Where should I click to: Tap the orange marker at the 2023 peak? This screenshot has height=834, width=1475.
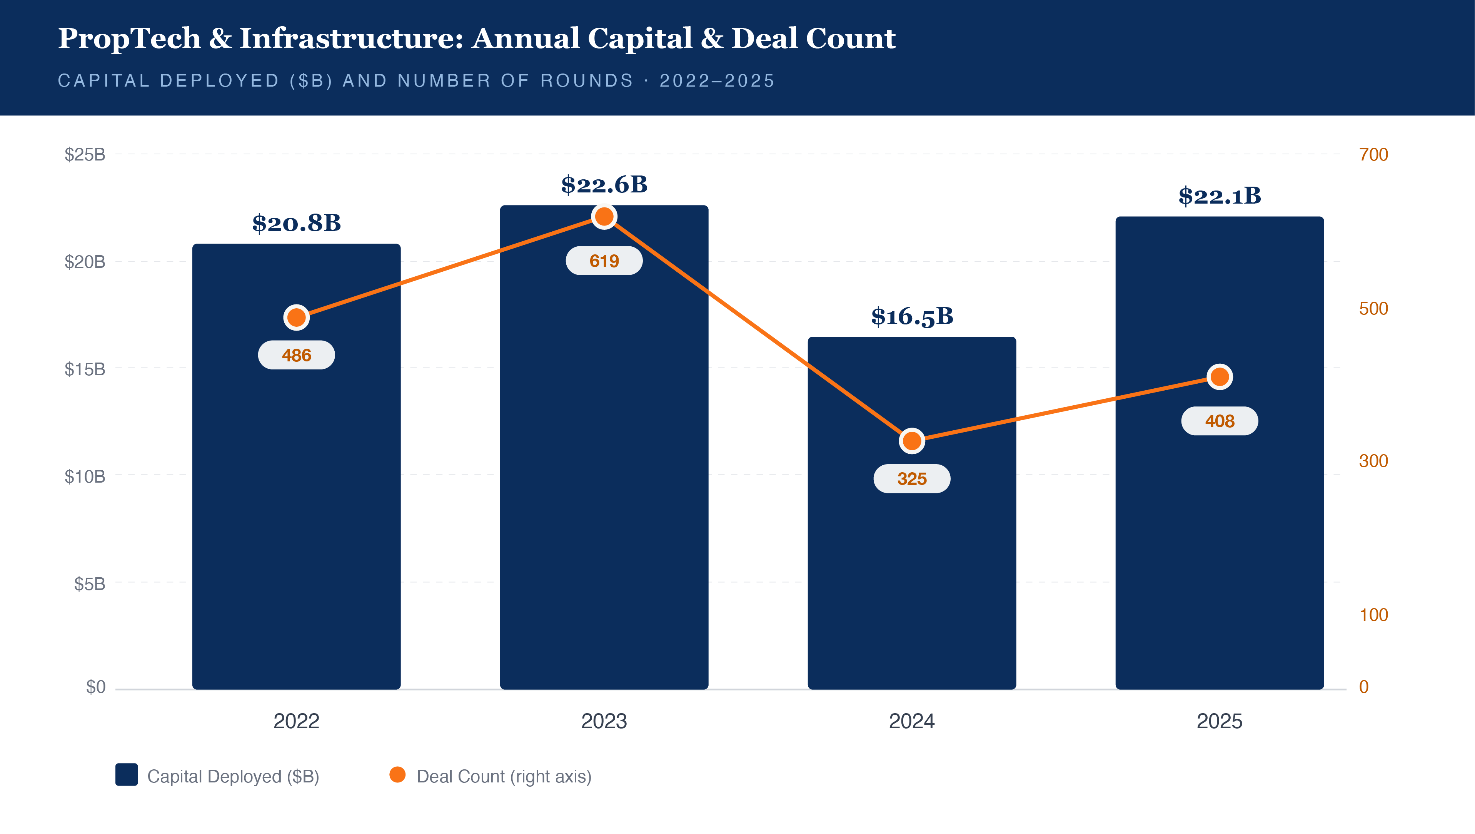coord(604,217)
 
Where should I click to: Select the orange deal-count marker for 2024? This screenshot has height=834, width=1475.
coord(911,441)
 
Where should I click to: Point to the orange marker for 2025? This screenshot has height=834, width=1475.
coord(1220,377)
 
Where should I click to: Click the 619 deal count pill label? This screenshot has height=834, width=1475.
coord(604,261)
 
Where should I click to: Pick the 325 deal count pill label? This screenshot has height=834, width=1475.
coord(911,479)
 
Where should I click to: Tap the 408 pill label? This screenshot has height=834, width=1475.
coord(1220,421)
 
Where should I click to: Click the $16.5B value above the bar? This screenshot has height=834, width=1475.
coord(911,316)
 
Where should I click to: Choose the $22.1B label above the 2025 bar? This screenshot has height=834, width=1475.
coord(1220,196)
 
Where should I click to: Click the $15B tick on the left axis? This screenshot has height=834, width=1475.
coord(85,369)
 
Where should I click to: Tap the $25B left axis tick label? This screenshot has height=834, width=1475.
coord(85,155)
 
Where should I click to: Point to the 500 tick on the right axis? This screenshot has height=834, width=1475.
coord(1373,309)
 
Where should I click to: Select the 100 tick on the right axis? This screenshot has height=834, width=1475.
coord(1373,615)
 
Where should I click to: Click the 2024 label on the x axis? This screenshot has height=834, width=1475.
coord(911,721)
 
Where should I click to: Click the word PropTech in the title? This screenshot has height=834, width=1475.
coord(129,39)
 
